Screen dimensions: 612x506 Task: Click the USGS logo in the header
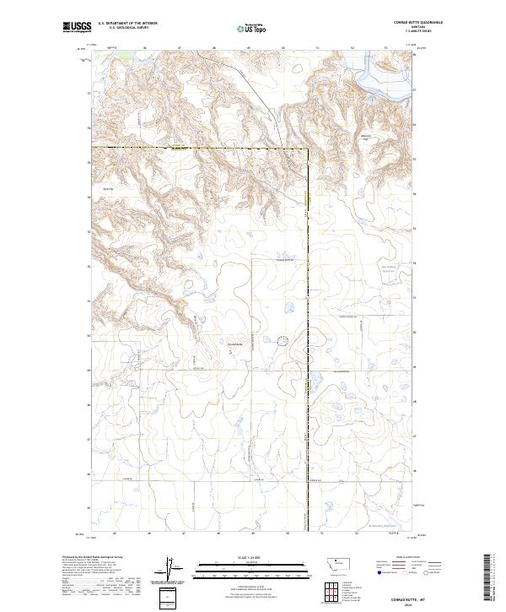(x=76, y=27)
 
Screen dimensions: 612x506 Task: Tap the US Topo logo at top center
(x=253, y=28)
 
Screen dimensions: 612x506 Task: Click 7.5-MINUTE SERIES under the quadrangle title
(x=393, y=31)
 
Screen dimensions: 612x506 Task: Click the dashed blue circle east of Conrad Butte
(x=283, y=341)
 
